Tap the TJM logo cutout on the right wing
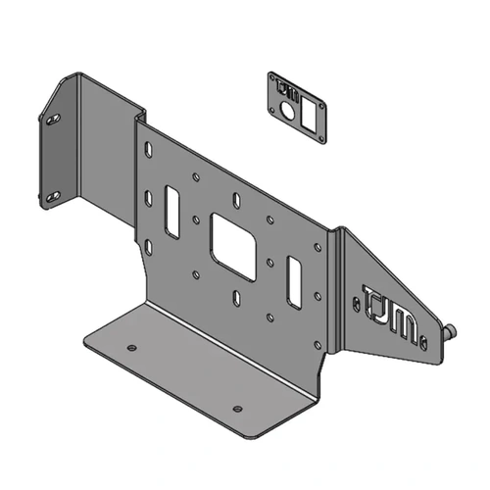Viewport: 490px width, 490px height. coord(390,313)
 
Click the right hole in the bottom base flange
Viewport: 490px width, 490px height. coord(236,408)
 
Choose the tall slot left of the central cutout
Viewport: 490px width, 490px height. coord(172,211)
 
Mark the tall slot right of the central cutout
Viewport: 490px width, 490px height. coord(293,280)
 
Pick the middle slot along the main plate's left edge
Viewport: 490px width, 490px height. coord(148,199)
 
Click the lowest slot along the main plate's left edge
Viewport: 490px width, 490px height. coord(148,244)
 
